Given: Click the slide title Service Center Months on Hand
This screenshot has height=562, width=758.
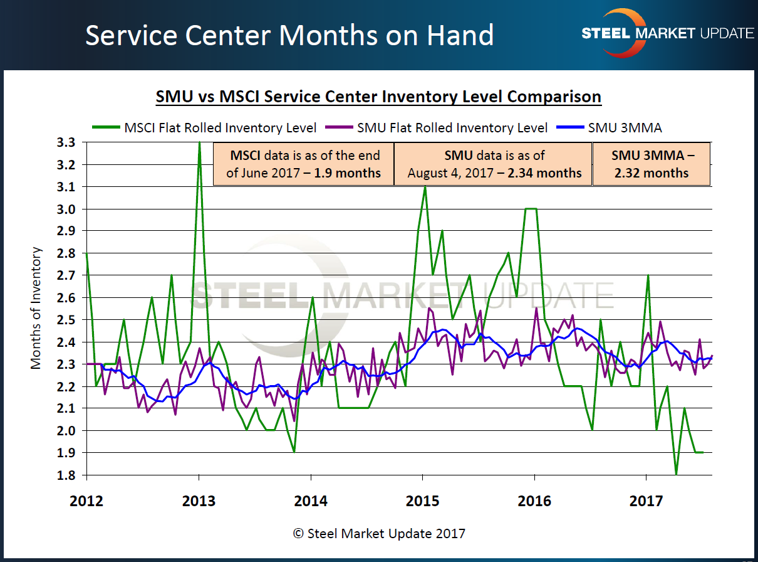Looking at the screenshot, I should [x=289, y=36].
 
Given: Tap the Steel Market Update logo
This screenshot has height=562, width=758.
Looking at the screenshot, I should [x=668, y=33].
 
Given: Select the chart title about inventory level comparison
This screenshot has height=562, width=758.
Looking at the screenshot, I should [x=378, y=97].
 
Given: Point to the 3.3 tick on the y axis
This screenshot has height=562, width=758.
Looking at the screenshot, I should [x=66, y=143].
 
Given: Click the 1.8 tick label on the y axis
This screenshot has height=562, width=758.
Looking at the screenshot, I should [x=66, y=475].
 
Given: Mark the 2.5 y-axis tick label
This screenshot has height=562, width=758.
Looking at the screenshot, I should [x=66, y=320].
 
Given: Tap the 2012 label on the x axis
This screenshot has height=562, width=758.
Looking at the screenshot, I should [x=86, y=501].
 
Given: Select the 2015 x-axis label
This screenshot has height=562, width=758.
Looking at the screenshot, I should [x=422, y=501].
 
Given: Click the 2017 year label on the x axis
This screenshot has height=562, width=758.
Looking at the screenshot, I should [x=646, y=501].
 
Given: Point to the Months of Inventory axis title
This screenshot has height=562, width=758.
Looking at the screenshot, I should [x=36, y=308].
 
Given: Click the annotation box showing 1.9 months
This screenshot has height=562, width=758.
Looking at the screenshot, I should [x=304, y=164].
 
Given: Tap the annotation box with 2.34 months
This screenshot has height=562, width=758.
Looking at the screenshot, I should [x=494, y=164].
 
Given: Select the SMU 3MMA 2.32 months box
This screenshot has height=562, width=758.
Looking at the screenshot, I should [x=652, y=164].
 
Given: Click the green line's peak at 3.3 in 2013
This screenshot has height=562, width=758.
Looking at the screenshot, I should [x=199, y=144].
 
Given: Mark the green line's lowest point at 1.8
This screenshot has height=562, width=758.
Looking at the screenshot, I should [x=676, y=474].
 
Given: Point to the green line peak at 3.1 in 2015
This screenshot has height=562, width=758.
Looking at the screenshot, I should [x=425, y=188].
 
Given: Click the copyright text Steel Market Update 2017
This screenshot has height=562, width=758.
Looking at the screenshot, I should [x=379, y=534].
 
